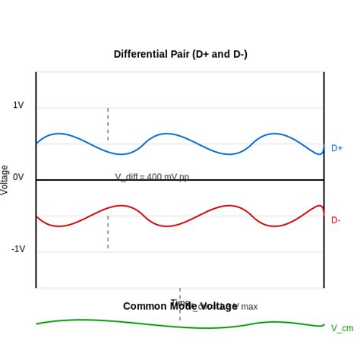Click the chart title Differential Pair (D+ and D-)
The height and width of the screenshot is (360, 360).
[180, 54]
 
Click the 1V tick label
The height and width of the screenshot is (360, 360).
[18, 105]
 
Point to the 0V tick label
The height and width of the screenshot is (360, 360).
[18, 177]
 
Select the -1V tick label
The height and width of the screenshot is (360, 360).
[17, 249]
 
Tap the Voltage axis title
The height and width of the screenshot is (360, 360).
[5, 180]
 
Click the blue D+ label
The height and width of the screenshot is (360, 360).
[336, 148]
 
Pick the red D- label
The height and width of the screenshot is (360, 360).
[336, 220]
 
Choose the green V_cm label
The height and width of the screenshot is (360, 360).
[342, 328]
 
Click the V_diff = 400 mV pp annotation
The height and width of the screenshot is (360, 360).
[152, 177]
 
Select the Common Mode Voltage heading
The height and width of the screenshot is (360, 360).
[180, 306]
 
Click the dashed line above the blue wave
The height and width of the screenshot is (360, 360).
[108, 123]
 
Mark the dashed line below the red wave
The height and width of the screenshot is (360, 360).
[108, 232]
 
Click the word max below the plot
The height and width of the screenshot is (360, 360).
[249, 307]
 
